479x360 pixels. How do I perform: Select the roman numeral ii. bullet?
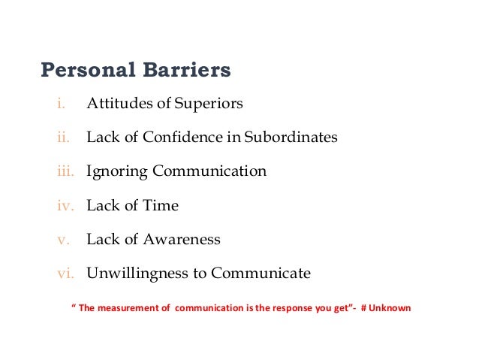[x=62, y=138]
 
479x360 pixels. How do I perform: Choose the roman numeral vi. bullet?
[x=65, y=274]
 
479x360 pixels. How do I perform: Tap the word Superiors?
[x=209, y=104]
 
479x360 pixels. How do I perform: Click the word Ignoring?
[x=117, y=171]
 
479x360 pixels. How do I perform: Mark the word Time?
[x=162, y=205]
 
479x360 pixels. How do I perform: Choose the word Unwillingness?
[x=138, y=274]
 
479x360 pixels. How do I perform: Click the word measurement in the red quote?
[x=137, y=308]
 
